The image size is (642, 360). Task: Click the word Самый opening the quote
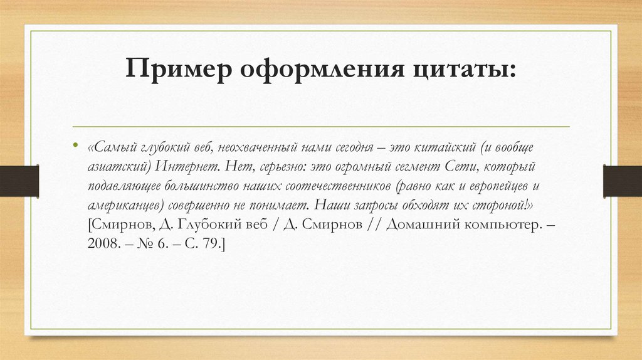113,147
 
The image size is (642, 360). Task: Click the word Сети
460,167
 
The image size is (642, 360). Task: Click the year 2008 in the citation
102,245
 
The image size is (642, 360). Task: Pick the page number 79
212,245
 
